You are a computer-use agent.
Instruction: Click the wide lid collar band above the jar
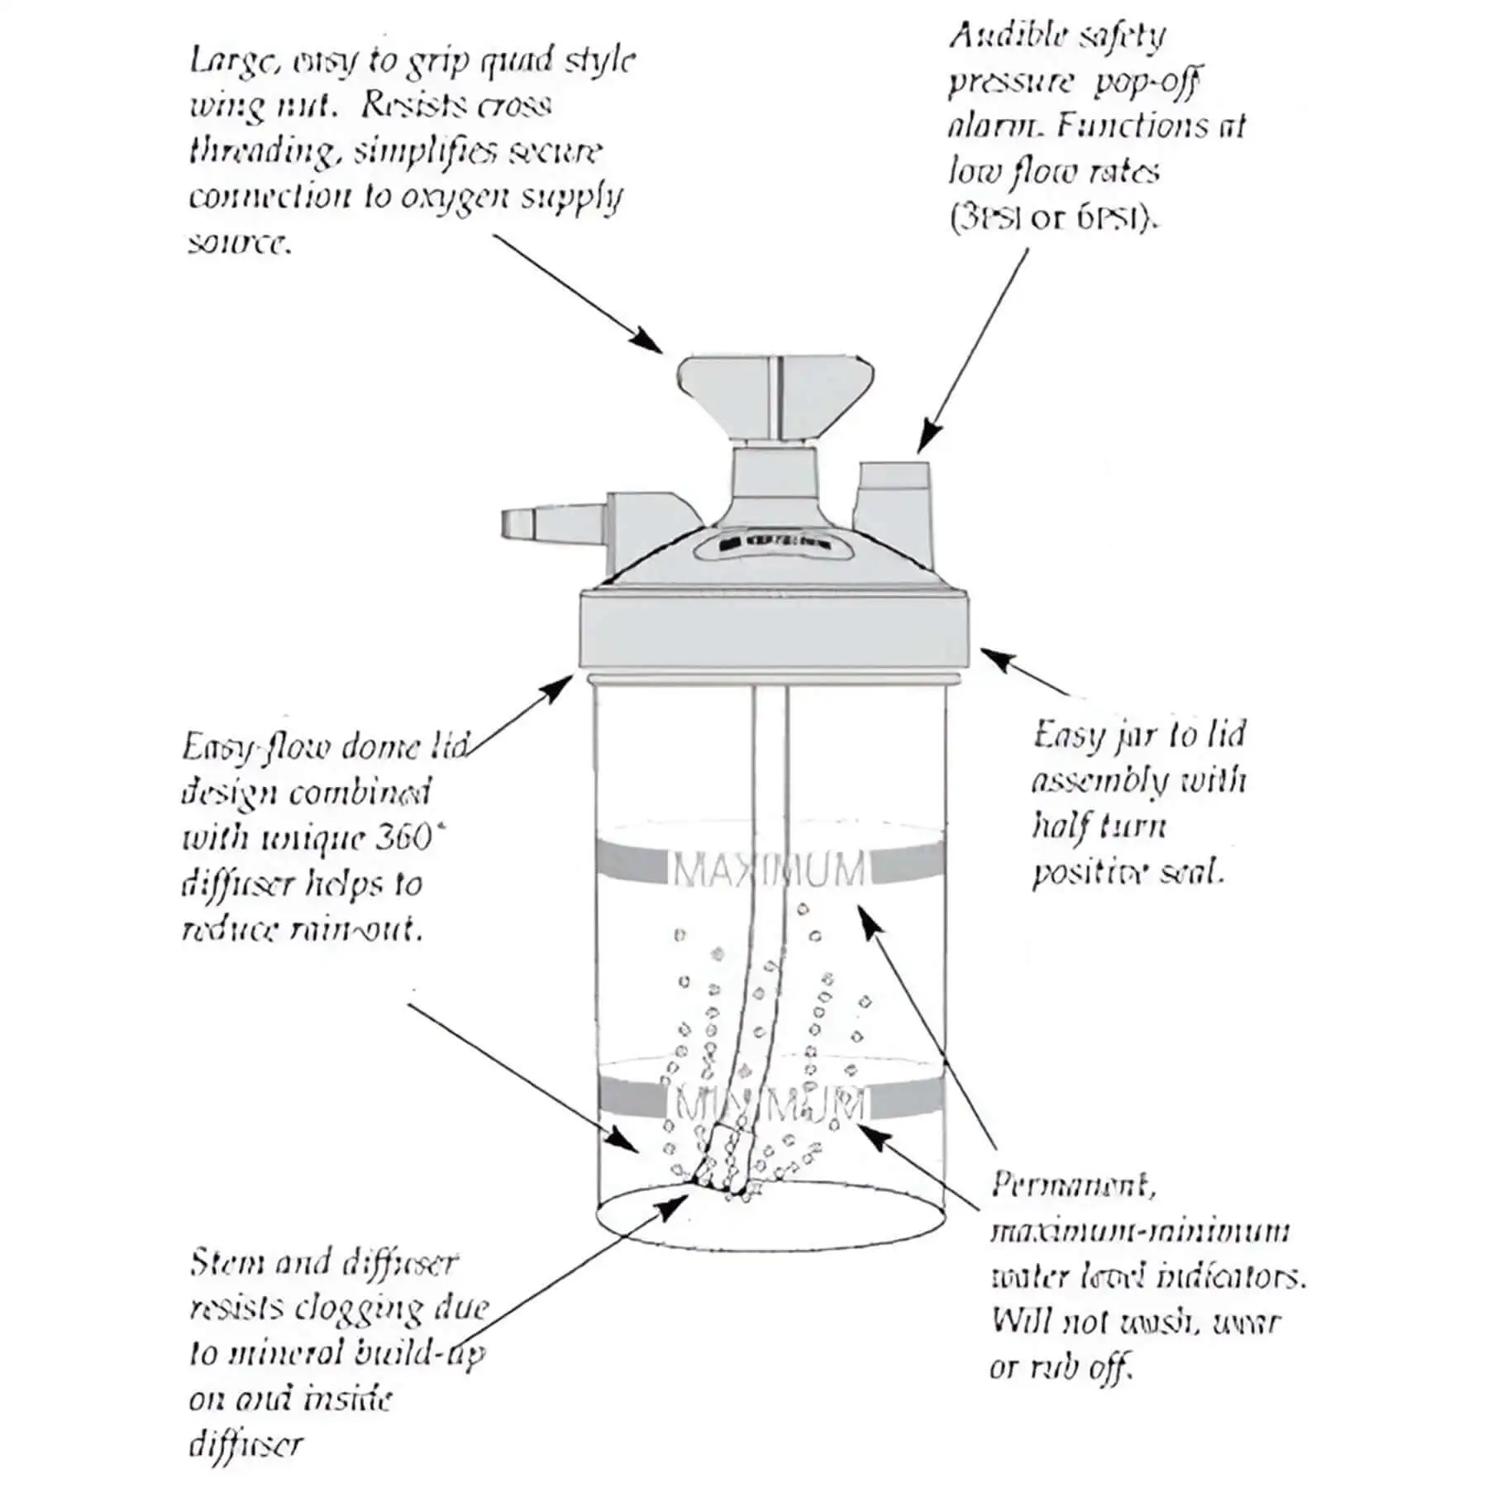(774, 631)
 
